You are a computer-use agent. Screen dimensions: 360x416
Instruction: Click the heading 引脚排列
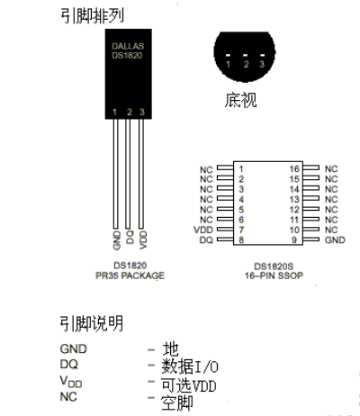(x=92, y=15)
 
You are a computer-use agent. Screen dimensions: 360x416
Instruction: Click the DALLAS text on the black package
(x=128, y=46)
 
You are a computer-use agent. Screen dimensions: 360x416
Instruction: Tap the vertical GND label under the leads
(x=117, y=240)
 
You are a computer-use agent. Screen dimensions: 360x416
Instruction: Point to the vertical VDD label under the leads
(x=143, y=240)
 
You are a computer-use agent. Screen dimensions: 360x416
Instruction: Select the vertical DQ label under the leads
(x=130, y=237)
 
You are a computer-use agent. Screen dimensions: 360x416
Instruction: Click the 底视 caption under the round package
(x=240, y=100)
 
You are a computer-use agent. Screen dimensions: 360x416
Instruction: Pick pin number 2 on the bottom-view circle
(x=247, y=64)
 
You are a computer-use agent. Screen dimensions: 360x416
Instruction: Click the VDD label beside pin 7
(x=203, y=230)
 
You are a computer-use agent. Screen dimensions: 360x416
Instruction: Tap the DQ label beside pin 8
(x=206, y=240)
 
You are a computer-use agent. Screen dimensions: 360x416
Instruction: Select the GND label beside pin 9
(x=335, y=240)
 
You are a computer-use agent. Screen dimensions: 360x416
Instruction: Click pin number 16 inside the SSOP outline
(x=294, y=169)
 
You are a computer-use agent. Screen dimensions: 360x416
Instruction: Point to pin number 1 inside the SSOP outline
(x=241, y=169)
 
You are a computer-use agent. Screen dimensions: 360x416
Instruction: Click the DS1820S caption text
(x=274, y=267)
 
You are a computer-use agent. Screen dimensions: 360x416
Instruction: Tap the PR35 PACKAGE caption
(x=130, y=276)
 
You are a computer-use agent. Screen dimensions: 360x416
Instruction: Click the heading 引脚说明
(x=92, y=323)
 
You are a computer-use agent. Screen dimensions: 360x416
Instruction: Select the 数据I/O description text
(x=190, y=366)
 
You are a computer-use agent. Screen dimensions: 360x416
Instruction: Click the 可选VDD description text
(x=189, y=385)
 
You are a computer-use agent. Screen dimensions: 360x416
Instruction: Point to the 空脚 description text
(x=177, y=402)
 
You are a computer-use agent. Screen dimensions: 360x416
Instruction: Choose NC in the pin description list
(x=68, y=397)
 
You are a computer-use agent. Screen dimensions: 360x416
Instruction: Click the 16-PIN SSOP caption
(x=274, y=276)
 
